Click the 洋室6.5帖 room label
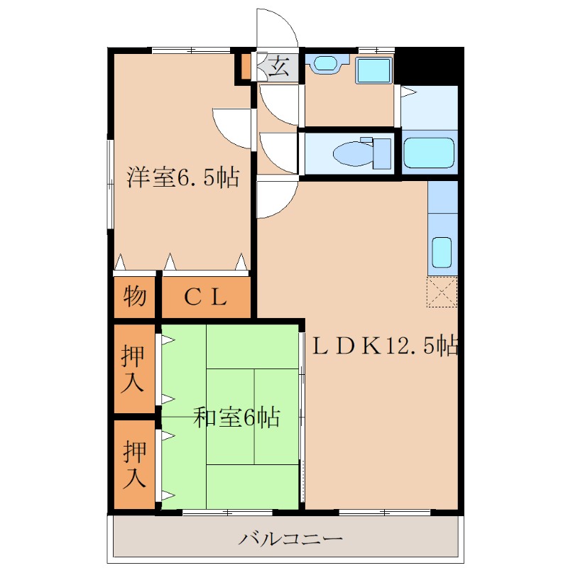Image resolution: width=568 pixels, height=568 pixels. point(183,177)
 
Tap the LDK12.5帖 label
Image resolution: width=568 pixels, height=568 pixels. point(386,346)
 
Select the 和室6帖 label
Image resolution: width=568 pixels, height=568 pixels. point(236,417)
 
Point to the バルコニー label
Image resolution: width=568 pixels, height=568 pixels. point(290,539)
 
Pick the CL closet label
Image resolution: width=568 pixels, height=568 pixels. point(205,297)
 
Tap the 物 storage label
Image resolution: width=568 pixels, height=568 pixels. point(135,296)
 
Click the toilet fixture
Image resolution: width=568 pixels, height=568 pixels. point(362,153)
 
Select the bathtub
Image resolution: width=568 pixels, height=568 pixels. point(429,153)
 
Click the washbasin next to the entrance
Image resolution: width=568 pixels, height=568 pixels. point(326,64)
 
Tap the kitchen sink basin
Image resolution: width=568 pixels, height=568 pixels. point(442,252)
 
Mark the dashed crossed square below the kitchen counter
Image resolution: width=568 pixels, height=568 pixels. point(442,292)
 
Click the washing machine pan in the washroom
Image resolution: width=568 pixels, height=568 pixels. point(374,70)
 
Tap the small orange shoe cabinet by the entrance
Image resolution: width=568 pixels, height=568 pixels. point(246,66)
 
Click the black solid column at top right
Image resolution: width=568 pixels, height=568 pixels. point(429,66)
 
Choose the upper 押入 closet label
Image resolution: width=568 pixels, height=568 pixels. point(133,368)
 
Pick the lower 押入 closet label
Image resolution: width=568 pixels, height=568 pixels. point(134,464)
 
